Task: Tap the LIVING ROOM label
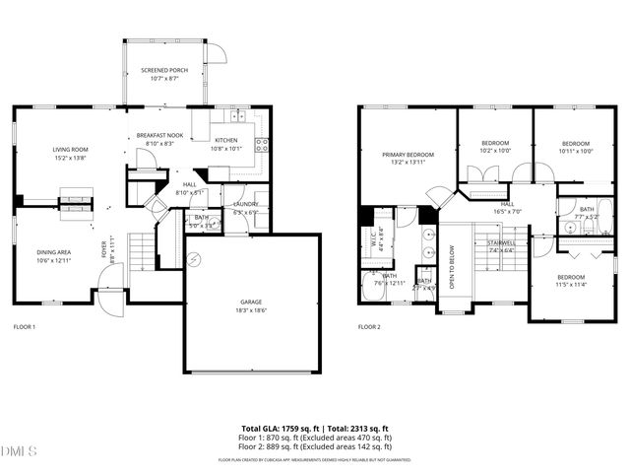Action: point(72,150)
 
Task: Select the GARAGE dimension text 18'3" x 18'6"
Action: point(251,309)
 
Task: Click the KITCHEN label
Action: point(226,141)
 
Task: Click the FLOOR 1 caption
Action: point(25,326)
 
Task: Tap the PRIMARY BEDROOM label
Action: point(408,155)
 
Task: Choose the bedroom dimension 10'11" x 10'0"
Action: point(575,151)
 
